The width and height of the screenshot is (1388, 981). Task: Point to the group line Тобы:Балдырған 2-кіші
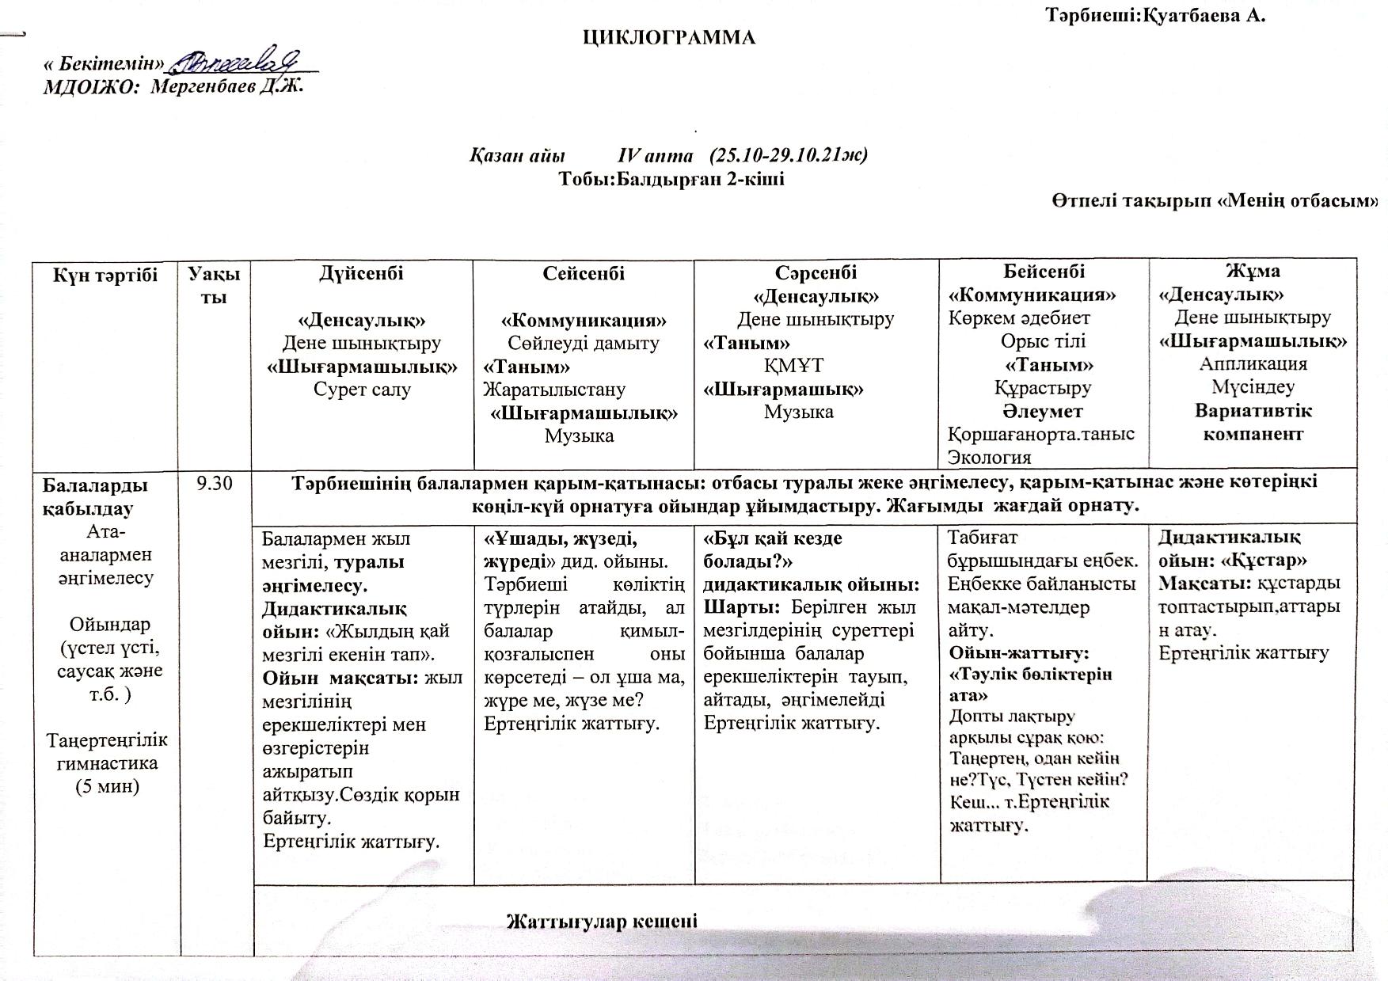click(x=671, y=178)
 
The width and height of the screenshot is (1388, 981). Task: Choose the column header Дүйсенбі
click(x=361, y=274)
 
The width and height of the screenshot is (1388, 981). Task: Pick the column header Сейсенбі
click(x=583, y=274)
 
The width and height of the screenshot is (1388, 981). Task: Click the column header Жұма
click(x=1253, y=272)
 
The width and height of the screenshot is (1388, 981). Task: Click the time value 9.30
click(x=215, y=484)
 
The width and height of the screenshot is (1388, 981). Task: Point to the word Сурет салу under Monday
click(x=361, y=390)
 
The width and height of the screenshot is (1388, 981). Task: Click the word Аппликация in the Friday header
click(x=1253, y=363)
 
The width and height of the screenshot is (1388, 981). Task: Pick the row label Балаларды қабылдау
click(x=94, y=496)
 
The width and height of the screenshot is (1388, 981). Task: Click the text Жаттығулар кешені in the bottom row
click(x=602, y=922)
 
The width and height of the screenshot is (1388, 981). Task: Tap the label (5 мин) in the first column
click(x=106, y=786)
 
